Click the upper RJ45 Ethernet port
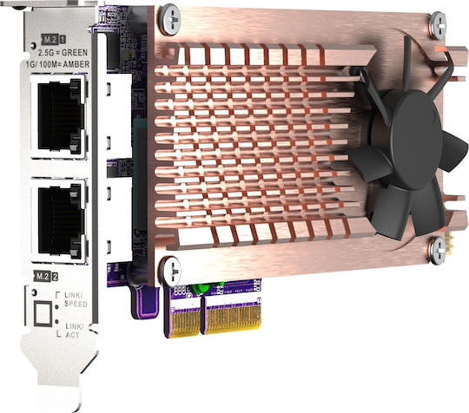pos(58,115)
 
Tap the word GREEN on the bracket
pos(75,53)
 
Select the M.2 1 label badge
pos(53,39)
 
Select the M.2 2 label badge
pos(45,277)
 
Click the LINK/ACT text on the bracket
pos(73,331)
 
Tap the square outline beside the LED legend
pos(43,313)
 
